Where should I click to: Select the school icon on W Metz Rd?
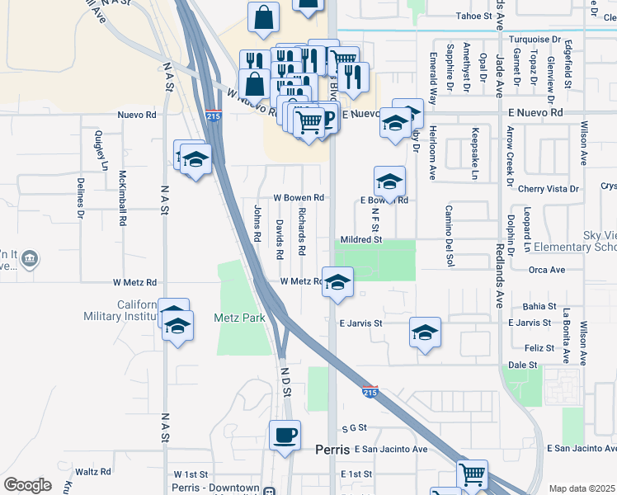point(337,282)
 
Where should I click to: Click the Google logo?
point(27,484)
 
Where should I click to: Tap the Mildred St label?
point(363,239)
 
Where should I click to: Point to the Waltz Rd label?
point(92,472)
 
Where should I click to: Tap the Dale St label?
point(522,364)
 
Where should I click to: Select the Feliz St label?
point(524,349)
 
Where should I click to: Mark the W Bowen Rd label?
point(299,198)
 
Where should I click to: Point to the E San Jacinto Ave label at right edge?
point(581,448)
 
